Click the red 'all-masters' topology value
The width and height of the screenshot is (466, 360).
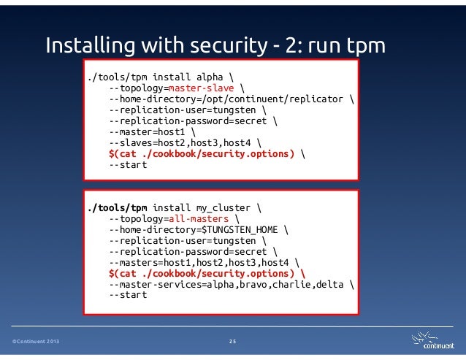[x=197, y=219]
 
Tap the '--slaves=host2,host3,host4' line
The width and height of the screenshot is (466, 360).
[x=183, y=142]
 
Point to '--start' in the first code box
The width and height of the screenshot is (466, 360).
[x=128, y=164]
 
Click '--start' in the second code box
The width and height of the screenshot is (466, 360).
[x=128, y=296]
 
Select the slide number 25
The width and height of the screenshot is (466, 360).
[x=232, y=340]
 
